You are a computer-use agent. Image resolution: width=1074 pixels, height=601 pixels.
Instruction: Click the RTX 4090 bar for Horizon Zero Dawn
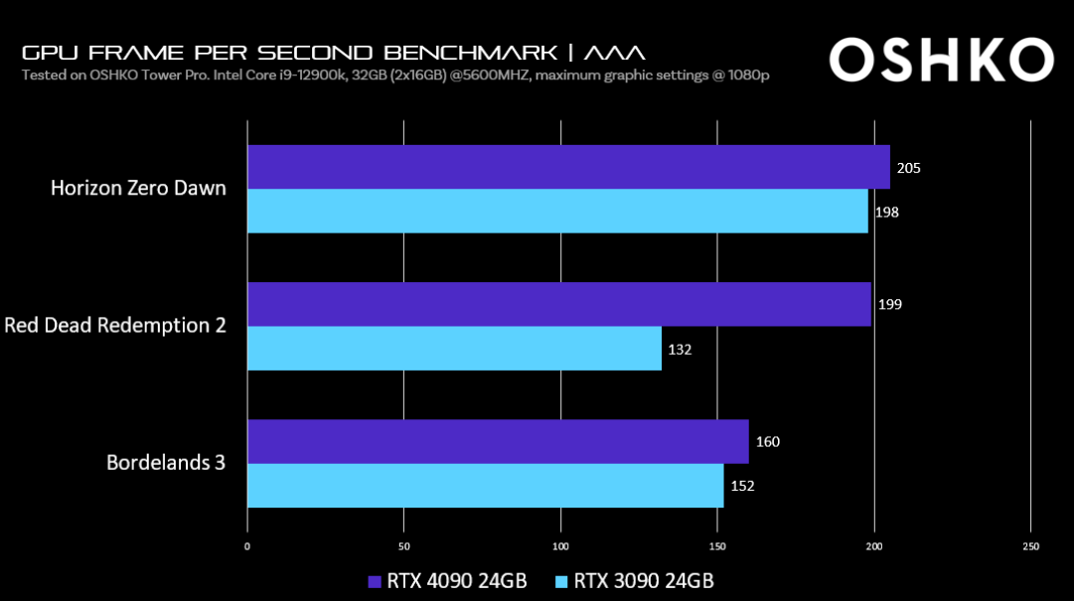point(568,167)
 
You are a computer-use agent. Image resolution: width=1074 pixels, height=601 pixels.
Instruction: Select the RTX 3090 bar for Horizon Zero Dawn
point(557,212)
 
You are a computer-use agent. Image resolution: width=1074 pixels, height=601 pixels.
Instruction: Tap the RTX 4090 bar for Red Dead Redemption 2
point(559,304)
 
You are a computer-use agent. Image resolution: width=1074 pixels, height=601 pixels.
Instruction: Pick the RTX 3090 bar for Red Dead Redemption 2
point(454,349)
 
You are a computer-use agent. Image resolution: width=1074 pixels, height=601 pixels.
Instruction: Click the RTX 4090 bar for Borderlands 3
point(498,441)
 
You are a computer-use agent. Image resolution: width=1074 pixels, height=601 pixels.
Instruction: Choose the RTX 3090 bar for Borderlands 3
point(485,486)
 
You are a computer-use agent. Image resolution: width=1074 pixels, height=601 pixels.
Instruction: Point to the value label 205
point(908,168)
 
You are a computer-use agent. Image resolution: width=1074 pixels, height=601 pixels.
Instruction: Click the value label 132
point(680,350)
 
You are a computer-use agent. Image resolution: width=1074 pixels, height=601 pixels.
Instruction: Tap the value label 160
point(767,442)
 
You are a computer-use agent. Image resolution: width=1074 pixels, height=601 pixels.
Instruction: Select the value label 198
point(886,213)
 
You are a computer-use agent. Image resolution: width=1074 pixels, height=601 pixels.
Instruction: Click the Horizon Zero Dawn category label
point(138,189)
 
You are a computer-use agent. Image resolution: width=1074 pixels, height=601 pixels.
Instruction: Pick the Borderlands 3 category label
point(166,462)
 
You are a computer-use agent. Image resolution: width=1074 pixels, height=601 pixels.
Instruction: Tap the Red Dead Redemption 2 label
point(115,325)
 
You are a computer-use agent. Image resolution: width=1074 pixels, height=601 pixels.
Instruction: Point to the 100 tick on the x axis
point(561,546)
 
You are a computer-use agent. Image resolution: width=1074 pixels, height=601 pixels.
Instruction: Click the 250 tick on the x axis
point(1030,546)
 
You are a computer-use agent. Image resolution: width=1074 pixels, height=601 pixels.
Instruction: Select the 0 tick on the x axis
point(247,546)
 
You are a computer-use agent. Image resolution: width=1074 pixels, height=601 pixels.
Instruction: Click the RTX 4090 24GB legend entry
point(447,580)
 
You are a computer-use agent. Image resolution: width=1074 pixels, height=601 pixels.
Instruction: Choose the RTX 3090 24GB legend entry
point(634,580)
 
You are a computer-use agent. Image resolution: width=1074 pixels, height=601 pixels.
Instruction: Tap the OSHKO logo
point(940,61)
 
